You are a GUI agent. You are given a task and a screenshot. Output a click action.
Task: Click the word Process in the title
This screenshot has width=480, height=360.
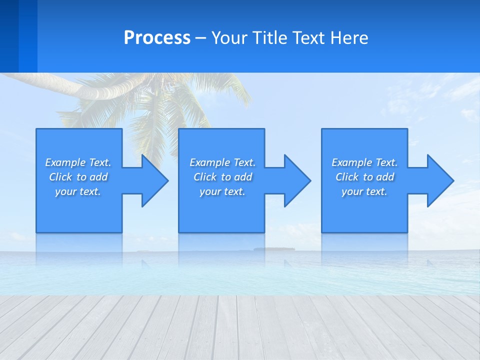[157, 38]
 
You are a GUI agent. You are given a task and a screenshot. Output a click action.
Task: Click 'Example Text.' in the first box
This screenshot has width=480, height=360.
[78, 162]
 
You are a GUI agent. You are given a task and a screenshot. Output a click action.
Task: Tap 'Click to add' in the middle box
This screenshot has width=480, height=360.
[223, 177]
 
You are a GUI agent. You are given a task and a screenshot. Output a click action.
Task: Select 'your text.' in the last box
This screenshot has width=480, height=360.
[364, 191]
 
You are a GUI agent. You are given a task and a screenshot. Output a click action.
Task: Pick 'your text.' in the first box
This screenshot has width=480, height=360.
[78, 191]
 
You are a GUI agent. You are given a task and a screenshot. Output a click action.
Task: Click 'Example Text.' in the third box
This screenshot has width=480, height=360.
[364, 162]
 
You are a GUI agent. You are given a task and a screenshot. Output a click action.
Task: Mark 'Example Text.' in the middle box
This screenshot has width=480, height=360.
[222, 162]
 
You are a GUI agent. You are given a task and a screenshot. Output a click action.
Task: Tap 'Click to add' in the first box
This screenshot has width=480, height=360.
[78, 177]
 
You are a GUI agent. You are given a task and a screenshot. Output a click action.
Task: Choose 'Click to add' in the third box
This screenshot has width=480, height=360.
[365, 177]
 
